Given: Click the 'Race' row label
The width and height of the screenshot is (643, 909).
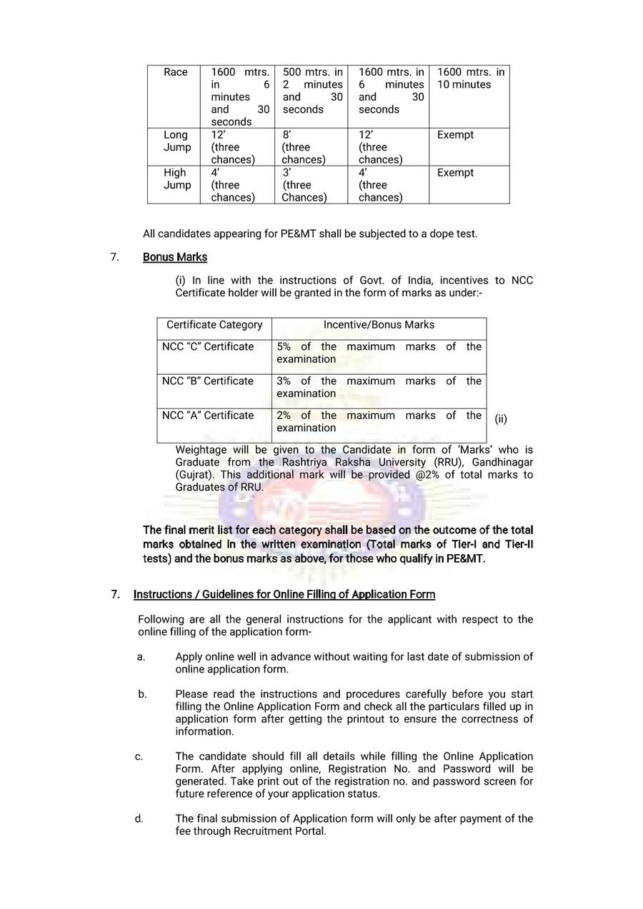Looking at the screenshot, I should point(176,72).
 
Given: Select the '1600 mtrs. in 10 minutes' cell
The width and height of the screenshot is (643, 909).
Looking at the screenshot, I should point(469,79).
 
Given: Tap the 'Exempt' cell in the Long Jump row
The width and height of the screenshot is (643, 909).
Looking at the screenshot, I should point(455,135).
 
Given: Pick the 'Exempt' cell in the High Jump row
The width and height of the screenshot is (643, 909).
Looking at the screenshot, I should point(455,173).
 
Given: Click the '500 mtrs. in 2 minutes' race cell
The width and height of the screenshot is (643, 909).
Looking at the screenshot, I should point(312,91).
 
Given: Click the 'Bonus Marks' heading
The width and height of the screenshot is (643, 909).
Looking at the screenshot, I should point(175,257).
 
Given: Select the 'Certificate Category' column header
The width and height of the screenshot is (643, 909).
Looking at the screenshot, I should point(214,325).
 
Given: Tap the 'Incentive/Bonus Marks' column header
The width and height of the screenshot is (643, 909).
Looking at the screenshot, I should point(379,325).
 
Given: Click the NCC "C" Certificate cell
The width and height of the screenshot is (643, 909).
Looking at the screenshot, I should point(208,347).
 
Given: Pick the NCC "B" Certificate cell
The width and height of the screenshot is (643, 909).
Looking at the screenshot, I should point(208,381).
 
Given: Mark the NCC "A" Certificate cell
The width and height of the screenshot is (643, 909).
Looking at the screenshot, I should point(208,416).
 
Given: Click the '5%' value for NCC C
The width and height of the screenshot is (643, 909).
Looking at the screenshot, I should point(284,347).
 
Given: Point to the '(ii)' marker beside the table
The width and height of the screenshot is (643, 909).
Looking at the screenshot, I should point(501,419).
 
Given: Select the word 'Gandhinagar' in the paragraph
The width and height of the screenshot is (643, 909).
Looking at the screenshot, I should point(504,463).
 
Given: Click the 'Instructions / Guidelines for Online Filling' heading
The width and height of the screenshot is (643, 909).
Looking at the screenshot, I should point(284,595).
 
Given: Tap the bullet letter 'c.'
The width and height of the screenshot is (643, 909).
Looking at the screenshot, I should point(139,757).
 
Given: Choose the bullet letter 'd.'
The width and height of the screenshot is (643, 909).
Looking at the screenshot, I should point(139,819).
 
